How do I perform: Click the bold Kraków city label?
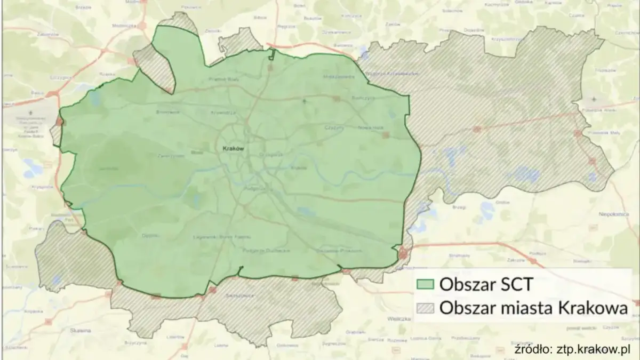(x=233, y=149)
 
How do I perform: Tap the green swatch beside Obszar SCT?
(x=425, y=284)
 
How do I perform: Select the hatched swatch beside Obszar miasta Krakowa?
(x=425, y=308)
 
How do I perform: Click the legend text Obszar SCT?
(x=485, y=284)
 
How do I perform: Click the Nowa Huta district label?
(x=371, y=128)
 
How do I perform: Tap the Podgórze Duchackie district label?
(x=266, y=251)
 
